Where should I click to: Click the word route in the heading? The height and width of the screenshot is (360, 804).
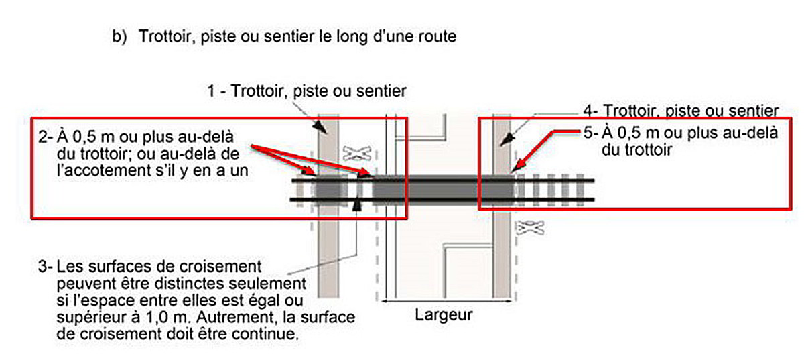pos(435,37)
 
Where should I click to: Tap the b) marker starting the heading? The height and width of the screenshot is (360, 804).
pos(119,37)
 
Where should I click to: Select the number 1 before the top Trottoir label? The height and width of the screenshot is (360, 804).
pos(212,91)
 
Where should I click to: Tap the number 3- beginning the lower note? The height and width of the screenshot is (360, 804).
pos(46,267)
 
